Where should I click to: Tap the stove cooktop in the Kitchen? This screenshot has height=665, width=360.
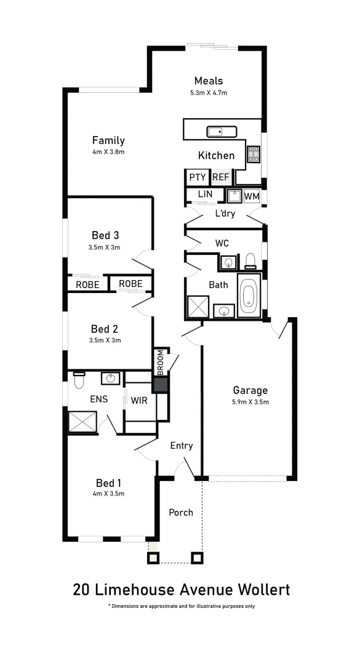[254, 154]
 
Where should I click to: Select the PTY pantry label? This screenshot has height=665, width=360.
[197, 177]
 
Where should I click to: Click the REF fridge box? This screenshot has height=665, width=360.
[221, 177]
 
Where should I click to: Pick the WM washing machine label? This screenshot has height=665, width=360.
[251, 196]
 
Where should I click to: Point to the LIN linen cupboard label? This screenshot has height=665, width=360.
[205, 194]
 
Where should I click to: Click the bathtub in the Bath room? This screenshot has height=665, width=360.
[249, 299]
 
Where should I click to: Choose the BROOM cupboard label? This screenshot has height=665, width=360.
[161, 363]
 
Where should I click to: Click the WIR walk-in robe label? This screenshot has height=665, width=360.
[138, 400]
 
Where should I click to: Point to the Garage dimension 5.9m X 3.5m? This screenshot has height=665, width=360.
[250, 402]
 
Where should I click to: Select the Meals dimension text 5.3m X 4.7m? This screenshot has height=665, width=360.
[209, 93]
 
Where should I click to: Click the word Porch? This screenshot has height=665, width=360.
[181, 512]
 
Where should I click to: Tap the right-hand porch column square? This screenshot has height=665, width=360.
[197, 558]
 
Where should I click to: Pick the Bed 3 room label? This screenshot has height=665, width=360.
[105, 235]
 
